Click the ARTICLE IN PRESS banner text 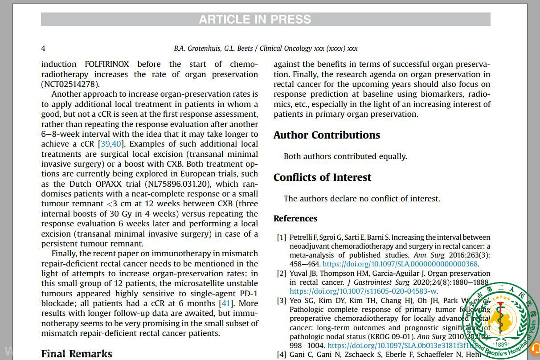(255, 20)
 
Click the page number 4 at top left (43, 48)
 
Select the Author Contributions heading (327, 135)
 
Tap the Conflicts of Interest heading (322, 177)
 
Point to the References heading (295, 218)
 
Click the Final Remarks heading (77, 354)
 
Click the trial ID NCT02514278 (70, 84)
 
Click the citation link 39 (105, 144)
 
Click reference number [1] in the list (281, 237)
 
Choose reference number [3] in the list (281, 301)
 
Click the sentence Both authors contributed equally (345, 156)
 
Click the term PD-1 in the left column (248, 294)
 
